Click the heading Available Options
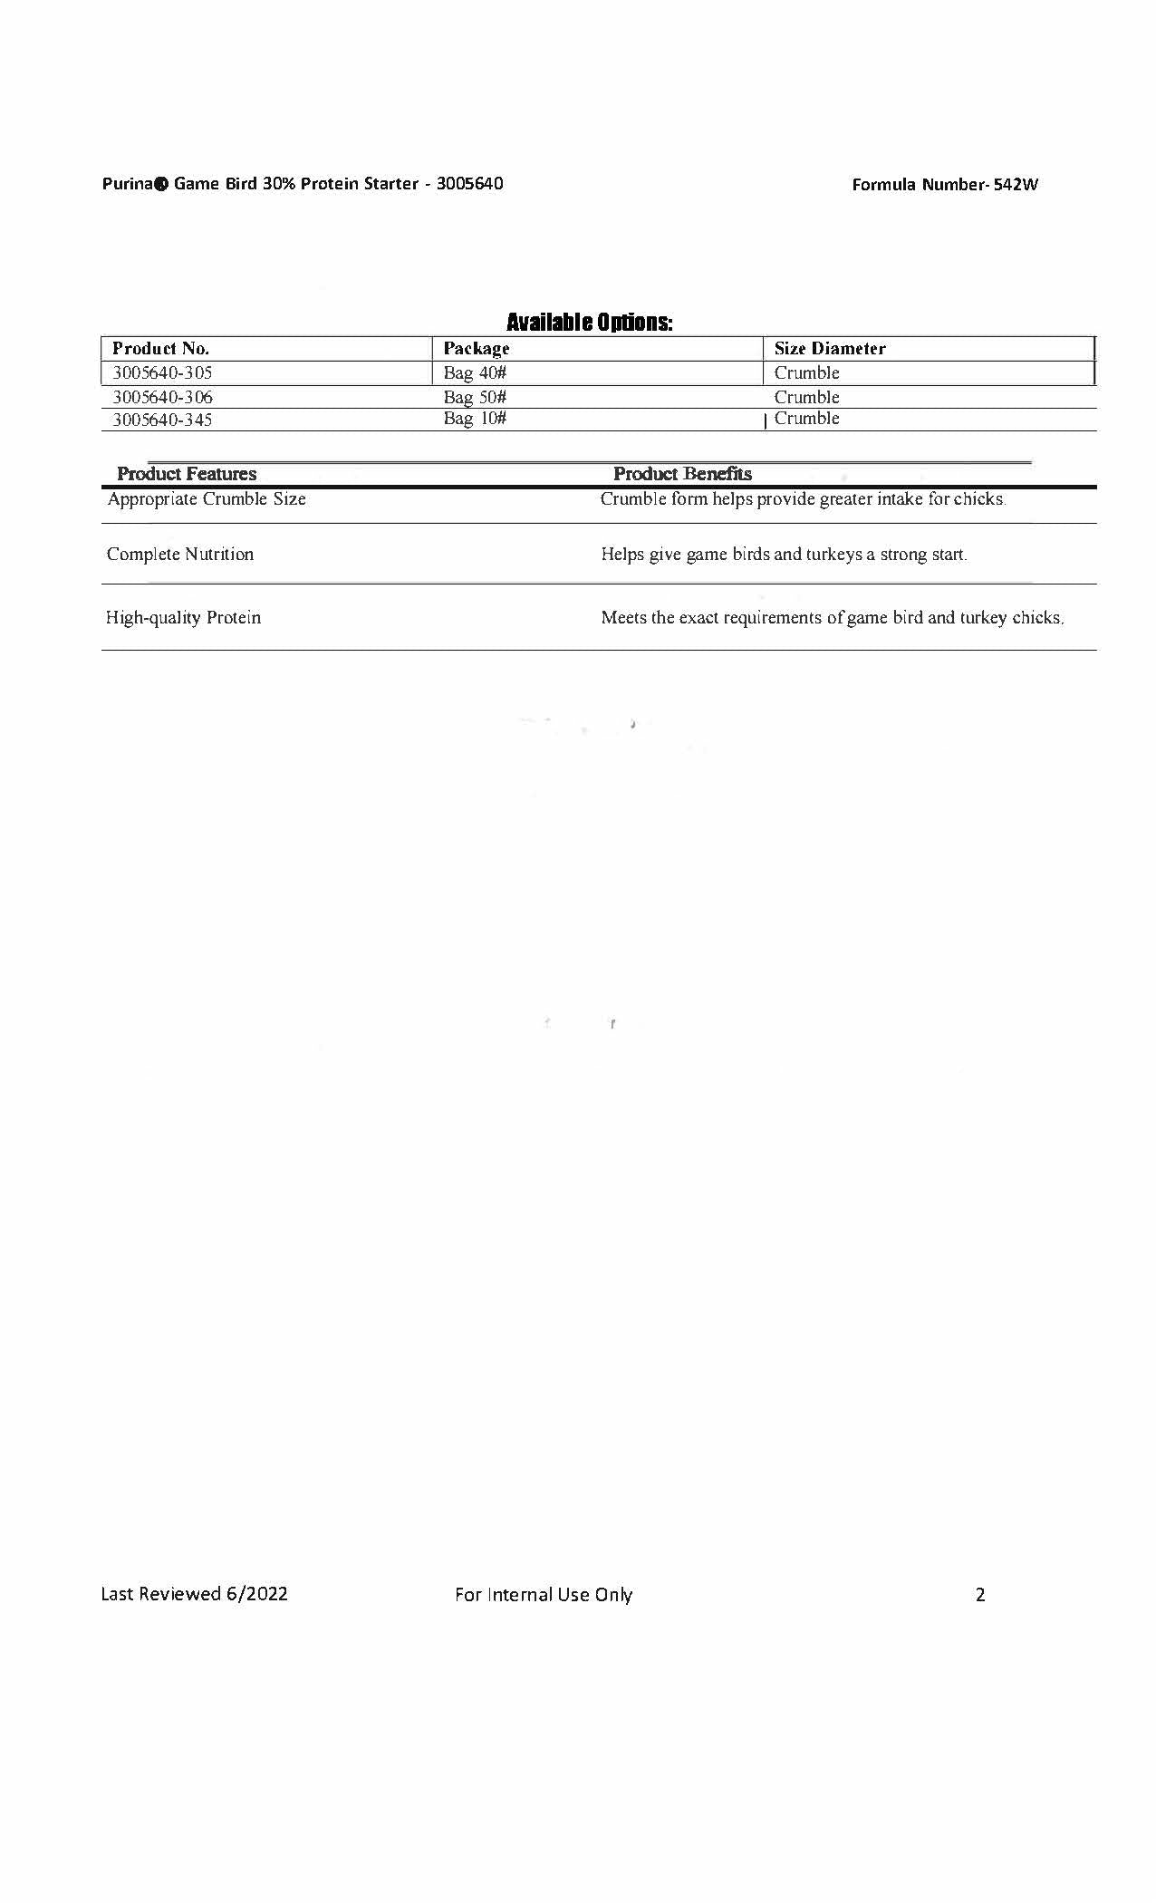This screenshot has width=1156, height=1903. (589, 322)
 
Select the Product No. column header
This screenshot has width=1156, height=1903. (161, 349)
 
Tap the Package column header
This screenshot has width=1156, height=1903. (477, 349)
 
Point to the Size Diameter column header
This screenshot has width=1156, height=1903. (830, 349)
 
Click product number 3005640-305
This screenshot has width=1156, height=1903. (163, 372)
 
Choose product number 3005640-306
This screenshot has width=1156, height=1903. (163, 397)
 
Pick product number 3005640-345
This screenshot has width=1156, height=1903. (163, 420)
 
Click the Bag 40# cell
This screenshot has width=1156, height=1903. (475, 372)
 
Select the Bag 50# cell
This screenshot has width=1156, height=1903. (475, 397)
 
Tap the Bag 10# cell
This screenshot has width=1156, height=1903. (475, 419)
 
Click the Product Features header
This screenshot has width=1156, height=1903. (187, 474)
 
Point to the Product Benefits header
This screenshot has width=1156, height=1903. (682, 474)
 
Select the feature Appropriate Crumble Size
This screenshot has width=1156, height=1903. (207, 499)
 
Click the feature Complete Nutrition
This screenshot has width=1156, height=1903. (180, 555)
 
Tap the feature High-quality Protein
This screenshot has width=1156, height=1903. (184, 618)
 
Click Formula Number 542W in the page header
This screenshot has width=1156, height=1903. (945, 185)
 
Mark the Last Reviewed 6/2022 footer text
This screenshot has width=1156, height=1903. (194, 1594)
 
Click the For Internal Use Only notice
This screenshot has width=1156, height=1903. (544, 1595)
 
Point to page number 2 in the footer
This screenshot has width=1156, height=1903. (979, 1595)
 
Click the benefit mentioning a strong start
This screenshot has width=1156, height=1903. (785, 555)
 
